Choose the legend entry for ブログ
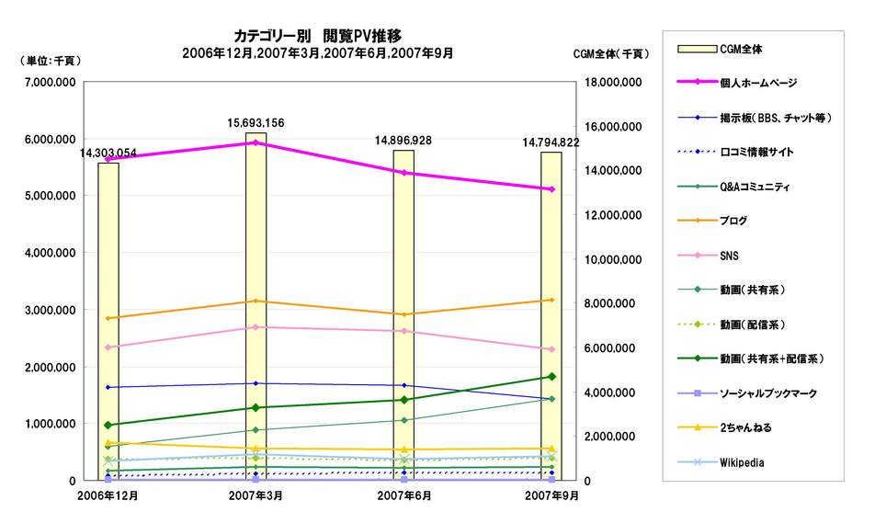click(733, 221)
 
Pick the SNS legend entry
click(730, 256)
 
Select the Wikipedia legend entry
click(742, 462)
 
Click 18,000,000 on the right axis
click(610, 83)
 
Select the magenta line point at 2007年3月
click(256, 142)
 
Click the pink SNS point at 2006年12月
click(108, 347)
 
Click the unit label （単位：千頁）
click(50, 60)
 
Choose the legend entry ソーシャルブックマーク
click(763, 393)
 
